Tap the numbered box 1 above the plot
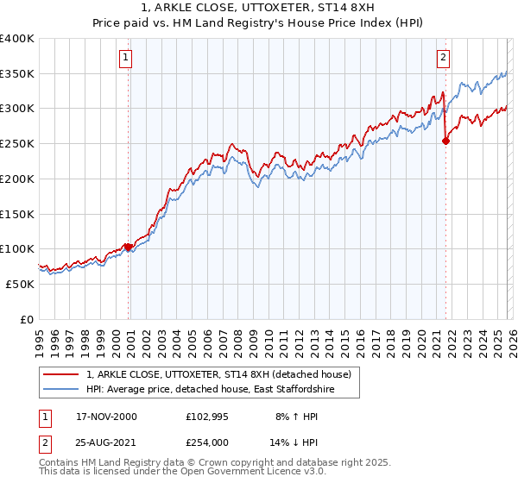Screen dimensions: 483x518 pos(125,58)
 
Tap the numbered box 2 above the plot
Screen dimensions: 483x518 pos(443,58)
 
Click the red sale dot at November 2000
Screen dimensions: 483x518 pos(129,247)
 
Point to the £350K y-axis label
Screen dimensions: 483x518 pos(17,74)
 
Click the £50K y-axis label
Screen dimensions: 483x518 pos(21,284)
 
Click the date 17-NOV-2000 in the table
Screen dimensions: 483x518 pos(106,417)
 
